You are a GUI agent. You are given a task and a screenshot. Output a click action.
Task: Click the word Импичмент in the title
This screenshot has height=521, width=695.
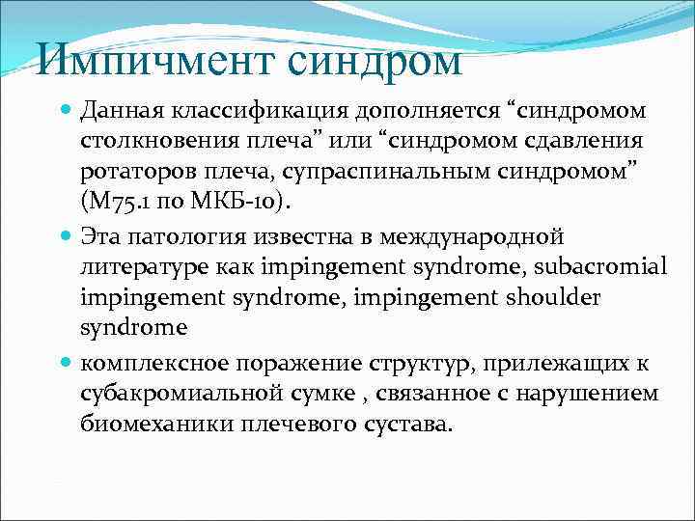point(154,63)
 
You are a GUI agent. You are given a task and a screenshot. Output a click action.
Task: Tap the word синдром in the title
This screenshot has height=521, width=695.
point(375,63)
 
